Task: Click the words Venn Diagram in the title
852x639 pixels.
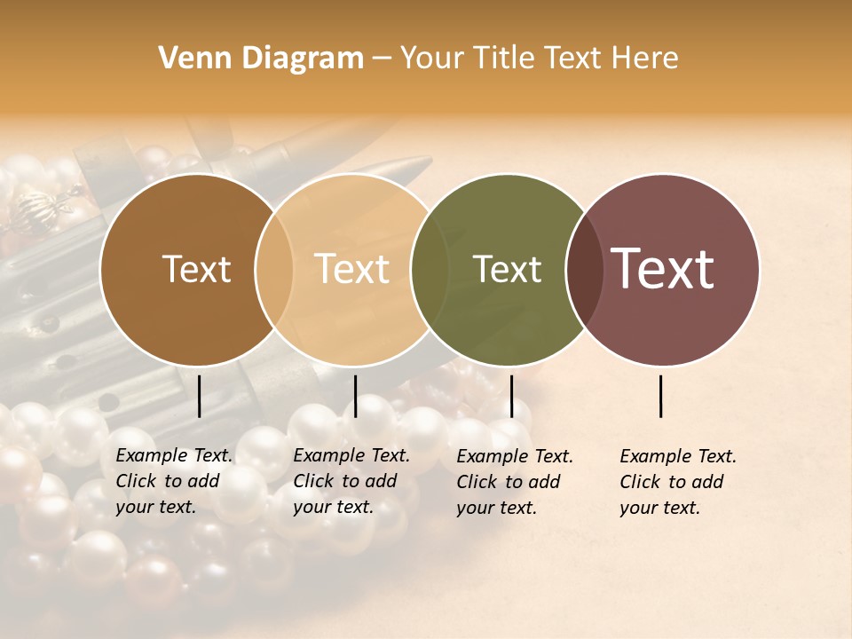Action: click(x=261, y=59)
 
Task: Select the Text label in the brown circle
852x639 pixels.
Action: click(x=196, y=270)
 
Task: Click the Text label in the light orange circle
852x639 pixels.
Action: click(x=352, y=270)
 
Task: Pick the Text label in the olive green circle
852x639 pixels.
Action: click(x=507, y=270)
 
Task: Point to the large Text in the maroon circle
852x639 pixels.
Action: click(x=663, y=270)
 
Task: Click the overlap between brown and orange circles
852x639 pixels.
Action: click(x=274, y=270)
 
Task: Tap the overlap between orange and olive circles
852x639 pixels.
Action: click(x=430, y=270)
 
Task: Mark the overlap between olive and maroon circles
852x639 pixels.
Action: click(x=585, y=270)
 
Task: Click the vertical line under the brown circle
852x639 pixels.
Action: click(x=200, y=396)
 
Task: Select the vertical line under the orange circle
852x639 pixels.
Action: click(x=355, y=396)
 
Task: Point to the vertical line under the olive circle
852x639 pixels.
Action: click(x=511, y=396)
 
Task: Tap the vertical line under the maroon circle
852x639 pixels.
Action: click(x=661, y=396)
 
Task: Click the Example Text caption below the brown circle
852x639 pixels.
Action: click(x=174, y=481)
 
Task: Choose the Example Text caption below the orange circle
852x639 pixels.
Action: click(x=351, y=481)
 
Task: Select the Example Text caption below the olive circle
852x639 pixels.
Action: click(x=515, y=482)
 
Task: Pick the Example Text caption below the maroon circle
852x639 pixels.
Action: click(x=678, y=482)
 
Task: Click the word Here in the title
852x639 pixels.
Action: click(x=647, y=59)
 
